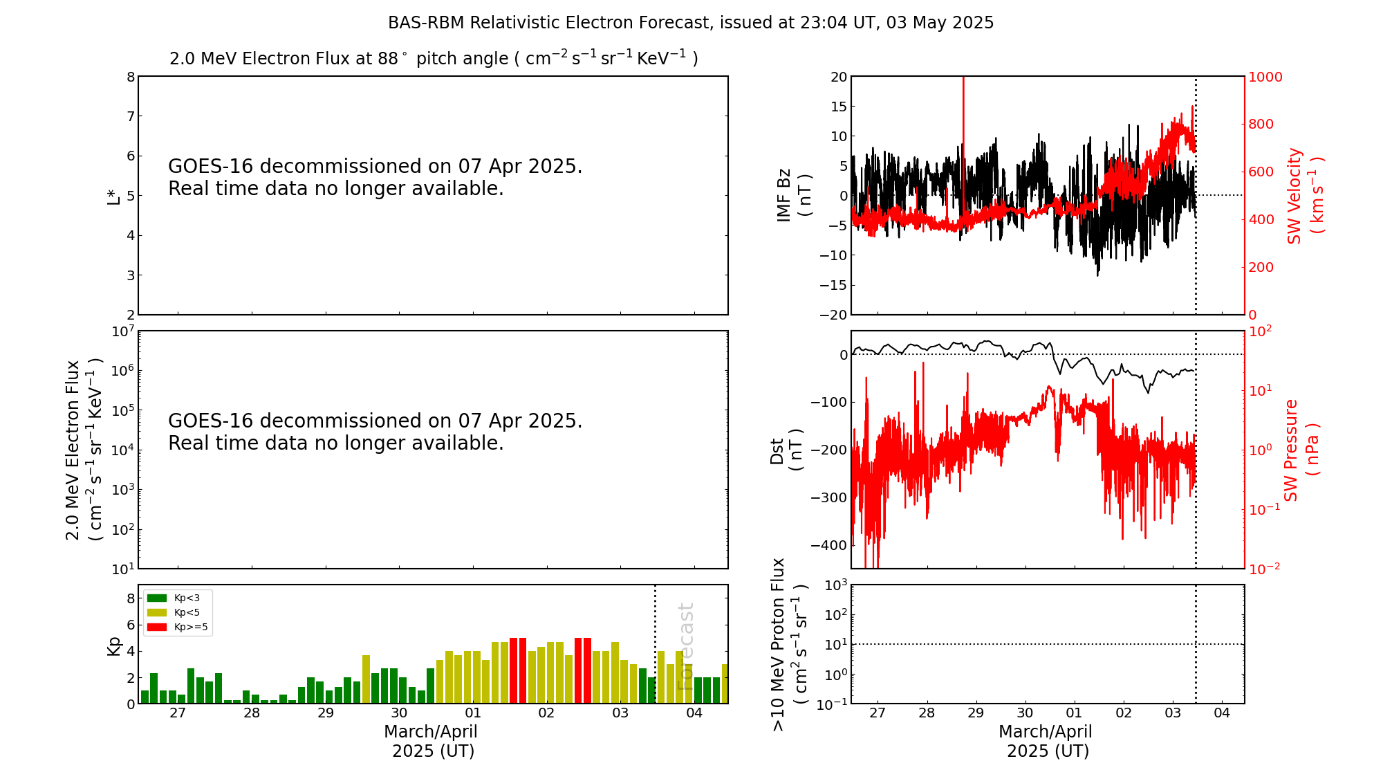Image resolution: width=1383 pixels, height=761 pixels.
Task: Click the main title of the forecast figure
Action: tap(691, 23)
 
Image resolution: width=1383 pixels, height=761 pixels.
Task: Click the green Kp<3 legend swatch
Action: tap(157, 598)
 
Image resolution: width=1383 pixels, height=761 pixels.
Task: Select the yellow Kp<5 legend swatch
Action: tap(157, 612)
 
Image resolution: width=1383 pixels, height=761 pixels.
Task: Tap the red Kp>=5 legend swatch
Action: tap(157, 627)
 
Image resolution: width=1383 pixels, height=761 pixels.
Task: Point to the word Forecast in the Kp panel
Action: tap(685, 646)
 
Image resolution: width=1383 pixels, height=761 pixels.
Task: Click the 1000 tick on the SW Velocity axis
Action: tap(1265, 77)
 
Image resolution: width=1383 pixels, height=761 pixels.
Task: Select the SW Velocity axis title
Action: tap(1304, 195)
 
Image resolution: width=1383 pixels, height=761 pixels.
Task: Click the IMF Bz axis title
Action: tap(793, 195)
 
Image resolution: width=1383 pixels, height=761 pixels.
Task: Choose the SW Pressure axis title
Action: tap(1301, 450)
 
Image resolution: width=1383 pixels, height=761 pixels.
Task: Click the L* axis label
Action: tap(113, 196)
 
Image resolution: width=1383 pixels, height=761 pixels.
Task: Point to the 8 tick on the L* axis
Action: tap(131, 77)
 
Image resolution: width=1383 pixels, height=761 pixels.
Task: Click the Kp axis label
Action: tap(113, 645)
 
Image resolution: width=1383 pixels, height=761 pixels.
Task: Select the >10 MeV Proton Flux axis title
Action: tap(789, 645)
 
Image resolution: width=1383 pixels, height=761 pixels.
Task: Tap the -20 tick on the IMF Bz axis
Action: tap(833, 315)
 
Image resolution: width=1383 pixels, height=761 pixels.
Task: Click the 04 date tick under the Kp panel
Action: tap(694, 713)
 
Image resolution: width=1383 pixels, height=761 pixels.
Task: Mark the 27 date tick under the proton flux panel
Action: tap(878, 713)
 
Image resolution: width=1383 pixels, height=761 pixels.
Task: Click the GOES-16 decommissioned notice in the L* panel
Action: tap(375, 177)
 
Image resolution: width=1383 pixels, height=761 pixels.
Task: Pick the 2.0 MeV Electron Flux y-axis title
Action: tap(84, 450)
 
